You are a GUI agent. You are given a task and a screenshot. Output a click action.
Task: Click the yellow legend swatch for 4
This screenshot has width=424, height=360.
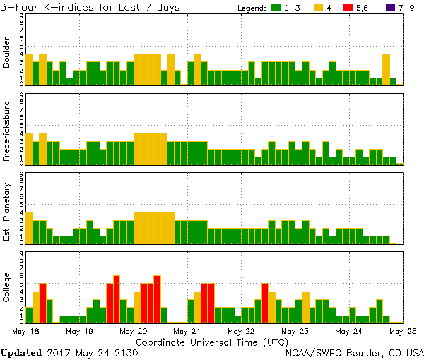click(319, 8)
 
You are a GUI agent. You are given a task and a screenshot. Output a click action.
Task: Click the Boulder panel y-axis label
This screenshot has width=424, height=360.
click(7, 52)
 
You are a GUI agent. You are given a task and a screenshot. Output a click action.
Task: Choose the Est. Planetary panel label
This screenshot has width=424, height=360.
click(7, 211)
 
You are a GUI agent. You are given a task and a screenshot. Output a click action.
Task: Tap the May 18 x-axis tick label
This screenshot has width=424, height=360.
click(25, 330)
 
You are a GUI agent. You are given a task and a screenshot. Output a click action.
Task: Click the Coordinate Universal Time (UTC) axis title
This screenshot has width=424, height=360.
click(212, 341)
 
